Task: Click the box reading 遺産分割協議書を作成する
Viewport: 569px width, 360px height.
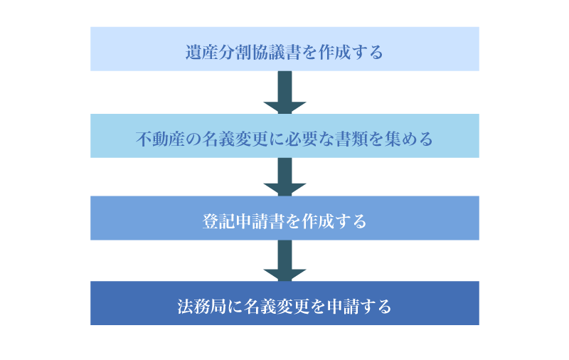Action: pos(284,49)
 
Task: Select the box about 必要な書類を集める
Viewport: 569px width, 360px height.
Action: pos(284,136)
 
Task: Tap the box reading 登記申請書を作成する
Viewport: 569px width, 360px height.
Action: pos(284,218)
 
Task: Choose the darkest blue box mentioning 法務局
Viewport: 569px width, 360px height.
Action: pos(284,303)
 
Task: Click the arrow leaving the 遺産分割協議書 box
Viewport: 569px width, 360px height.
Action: pos(285,92)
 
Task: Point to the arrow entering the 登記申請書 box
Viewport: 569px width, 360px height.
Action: pos(285,176)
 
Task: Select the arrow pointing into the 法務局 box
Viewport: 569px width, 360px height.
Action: pos(285,260)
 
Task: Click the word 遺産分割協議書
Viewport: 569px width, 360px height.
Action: pos(243,52)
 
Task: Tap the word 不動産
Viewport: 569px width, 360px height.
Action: pos(161,139)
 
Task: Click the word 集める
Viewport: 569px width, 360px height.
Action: pos(408,139)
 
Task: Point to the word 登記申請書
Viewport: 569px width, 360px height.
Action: pos(243,221)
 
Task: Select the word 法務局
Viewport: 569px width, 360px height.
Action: pos(202,307)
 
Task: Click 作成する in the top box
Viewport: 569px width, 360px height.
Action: pos(351,52)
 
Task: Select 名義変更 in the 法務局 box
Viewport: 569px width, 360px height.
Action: pos(276,307)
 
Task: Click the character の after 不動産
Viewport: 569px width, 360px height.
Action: pos(193,139)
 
